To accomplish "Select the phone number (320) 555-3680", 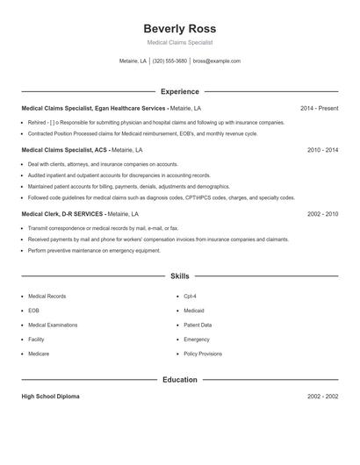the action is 169,61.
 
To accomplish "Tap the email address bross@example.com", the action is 216,61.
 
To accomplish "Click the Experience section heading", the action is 179,91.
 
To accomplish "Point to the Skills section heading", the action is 179,276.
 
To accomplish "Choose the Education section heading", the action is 179,380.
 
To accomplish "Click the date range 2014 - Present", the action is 319,108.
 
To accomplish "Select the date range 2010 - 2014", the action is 322,150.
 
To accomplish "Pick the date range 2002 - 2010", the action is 322,213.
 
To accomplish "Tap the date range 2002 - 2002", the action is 322,397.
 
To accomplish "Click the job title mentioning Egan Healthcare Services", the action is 94,108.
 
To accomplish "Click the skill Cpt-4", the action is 190,297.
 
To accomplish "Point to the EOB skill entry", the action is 33,311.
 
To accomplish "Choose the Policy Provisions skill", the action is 202,353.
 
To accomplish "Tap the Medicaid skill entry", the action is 194,311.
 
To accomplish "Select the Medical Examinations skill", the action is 52,325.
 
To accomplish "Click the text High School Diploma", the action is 50,397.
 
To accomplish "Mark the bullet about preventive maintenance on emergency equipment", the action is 94,250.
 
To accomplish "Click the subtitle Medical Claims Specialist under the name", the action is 179,42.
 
